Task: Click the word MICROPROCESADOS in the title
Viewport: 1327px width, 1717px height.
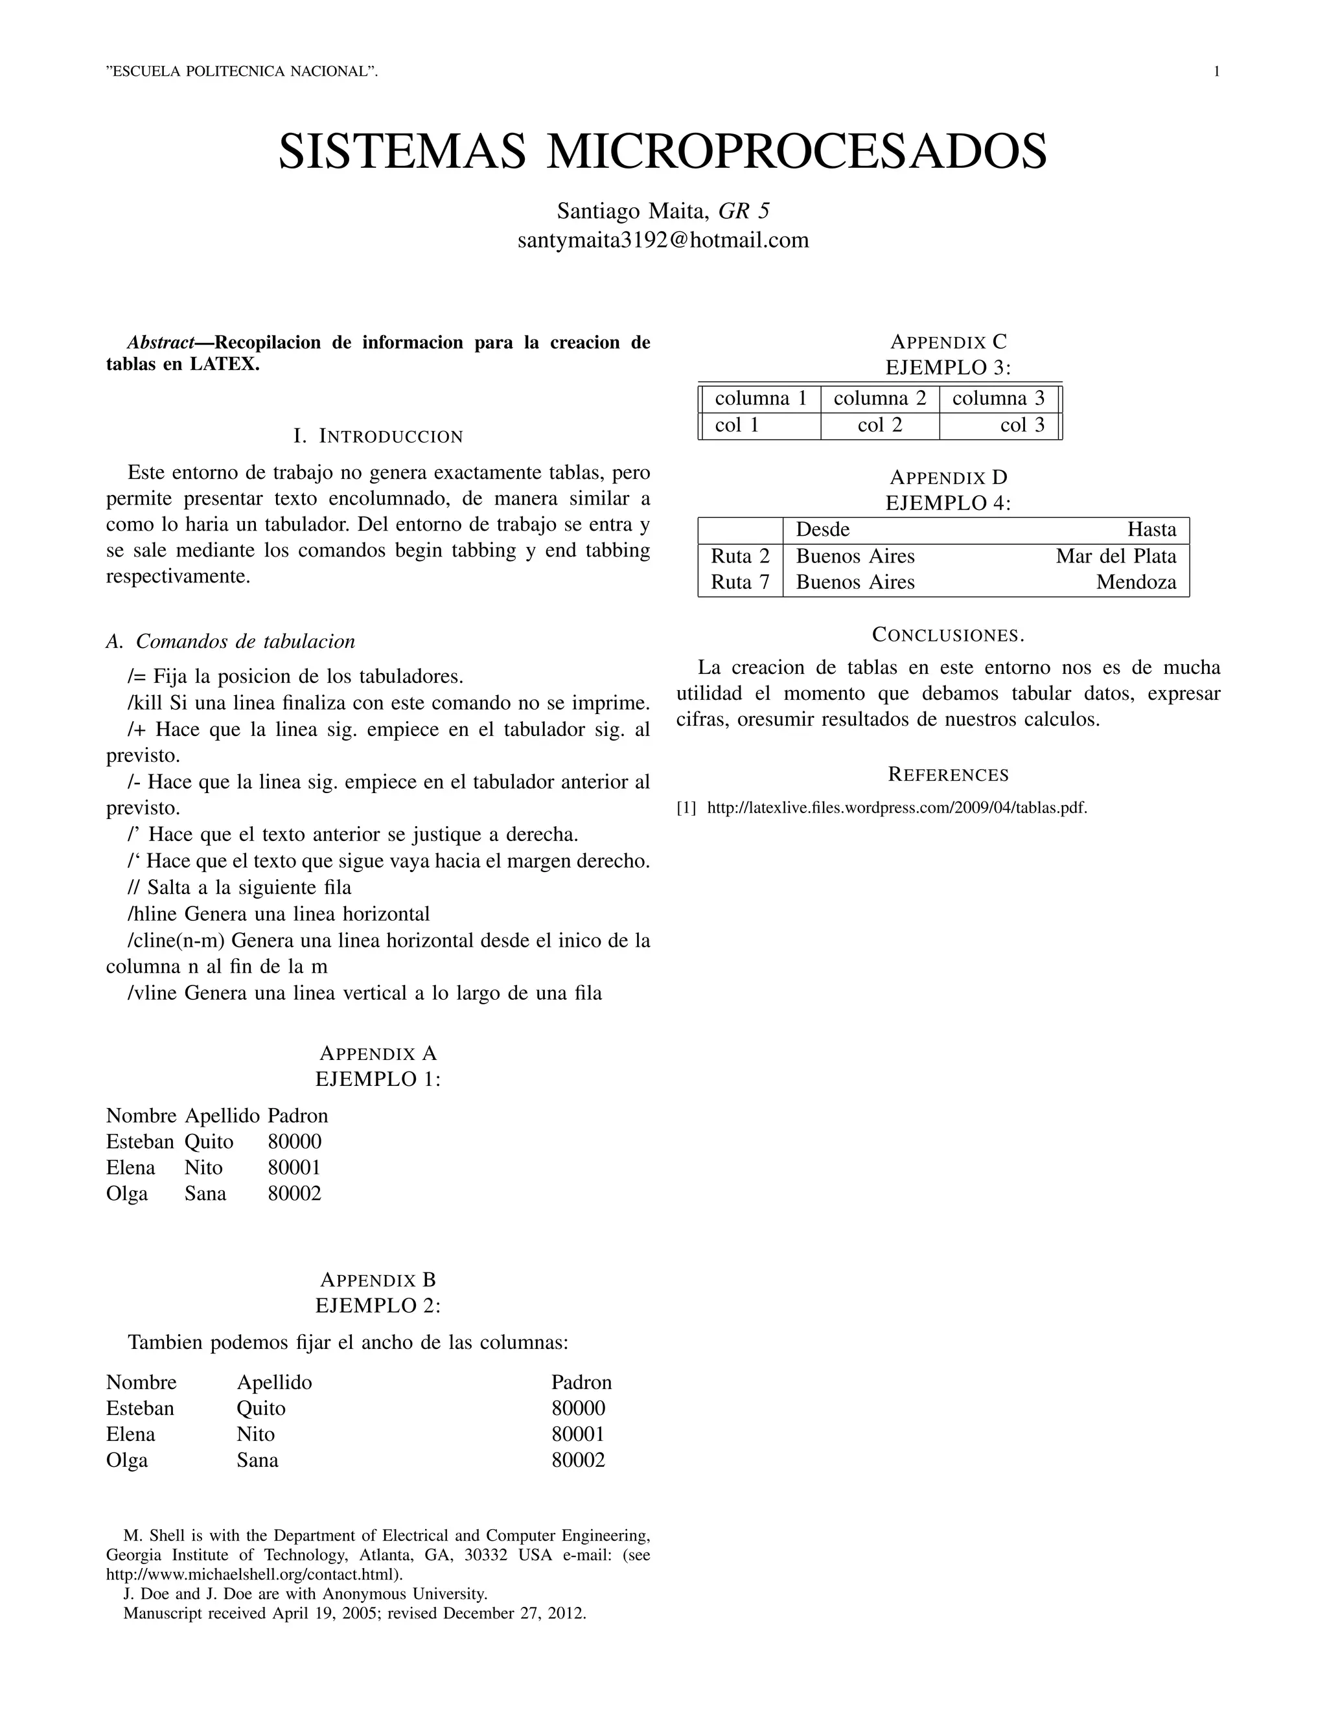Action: click(x=796, y=152)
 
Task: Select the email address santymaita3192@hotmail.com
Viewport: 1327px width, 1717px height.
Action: click(x=663, y=240)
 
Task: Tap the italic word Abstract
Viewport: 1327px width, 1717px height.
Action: click(x=161, y=343)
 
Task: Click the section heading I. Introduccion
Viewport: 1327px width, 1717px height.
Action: click(x=378, y=436)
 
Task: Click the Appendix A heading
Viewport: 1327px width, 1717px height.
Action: click(x=378, y=1054)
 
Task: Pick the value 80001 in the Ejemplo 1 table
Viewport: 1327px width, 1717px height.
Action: click(x=294, y=1168)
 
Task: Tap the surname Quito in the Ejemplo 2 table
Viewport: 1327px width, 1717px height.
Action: click(x=261, y=1408)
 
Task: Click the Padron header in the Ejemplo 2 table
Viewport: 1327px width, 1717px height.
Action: click(x=581, y=1382)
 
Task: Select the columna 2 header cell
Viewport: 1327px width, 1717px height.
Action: click(x=880, y=398)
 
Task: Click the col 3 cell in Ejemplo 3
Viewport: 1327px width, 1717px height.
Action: click(x=1022, y=425)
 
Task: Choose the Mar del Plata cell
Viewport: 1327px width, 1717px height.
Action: click(x=1116, y=557)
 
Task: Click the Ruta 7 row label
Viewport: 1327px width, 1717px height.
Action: click(x=740, y=582)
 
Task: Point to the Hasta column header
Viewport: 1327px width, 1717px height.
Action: click(x=1151, y=530)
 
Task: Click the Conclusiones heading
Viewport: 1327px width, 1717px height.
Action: click(x=948, y=634)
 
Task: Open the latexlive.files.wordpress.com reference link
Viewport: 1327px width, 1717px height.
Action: click(x=897, y=807)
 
